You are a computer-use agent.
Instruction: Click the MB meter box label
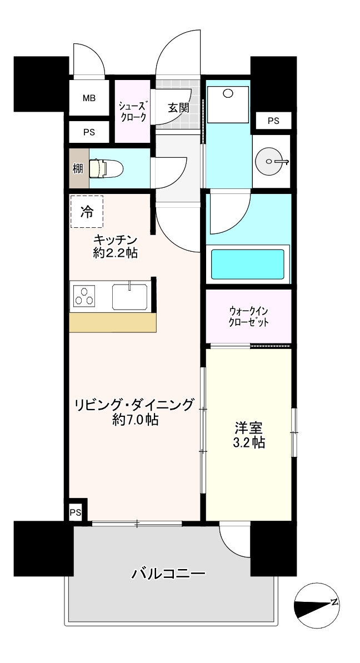coord(89,98)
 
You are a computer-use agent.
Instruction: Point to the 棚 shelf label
coord(78,169)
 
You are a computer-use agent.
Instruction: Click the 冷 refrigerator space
coord(87,212)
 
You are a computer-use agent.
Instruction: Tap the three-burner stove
coord(84,296)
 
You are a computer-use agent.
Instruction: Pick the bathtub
coord(248,265)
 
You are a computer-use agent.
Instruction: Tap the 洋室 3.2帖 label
coord(249,436)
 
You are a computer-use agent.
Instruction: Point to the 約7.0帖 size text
coord(135,420)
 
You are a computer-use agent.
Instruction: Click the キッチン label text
coord(116,240)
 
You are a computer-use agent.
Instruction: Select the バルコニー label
coord(168,574)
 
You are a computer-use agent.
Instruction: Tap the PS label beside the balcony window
coord(75,513)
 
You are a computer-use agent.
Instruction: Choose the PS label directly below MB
coord(89,132)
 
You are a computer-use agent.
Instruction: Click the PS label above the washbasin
coord(273,121)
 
